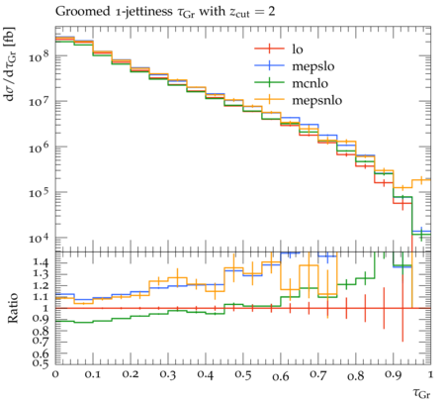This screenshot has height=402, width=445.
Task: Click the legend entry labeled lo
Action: [x=298, y=50]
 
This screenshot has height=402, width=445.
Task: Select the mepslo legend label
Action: [x=313, y=66]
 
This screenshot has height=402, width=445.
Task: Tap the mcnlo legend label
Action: [x=311, y=83]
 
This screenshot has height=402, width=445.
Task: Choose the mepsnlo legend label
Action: [x=317, y=100]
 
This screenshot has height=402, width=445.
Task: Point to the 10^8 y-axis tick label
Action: [x=40, y=56]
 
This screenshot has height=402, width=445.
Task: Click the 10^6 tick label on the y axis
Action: [x=40, y=148]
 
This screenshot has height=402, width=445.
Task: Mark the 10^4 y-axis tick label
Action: [x=40, y=238]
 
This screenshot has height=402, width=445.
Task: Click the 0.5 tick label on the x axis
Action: [x=243, y=375]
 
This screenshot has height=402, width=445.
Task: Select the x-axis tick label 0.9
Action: [x=394, y=375]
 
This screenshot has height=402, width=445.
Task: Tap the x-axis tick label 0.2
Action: [x=131, y=375]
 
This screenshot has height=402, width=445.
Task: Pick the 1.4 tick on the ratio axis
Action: [x=41, y=262]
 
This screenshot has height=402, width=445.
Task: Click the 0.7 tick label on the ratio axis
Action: [x=41, y=341]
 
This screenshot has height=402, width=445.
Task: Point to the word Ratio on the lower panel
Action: [x=13, y=308]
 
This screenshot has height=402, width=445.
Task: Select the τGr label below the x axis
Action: [x=421, y=393]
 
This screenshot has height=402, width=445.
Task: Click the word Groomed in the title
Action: [x=82, y=12]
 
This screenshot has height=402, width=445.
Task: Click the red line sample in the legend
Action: [x=269, y=49]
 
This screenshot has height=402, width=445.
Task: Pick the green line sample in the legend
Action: [x=269, y=82]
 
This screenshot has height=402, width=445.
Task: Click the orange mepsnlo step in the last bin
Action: [x=421, y=180]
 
